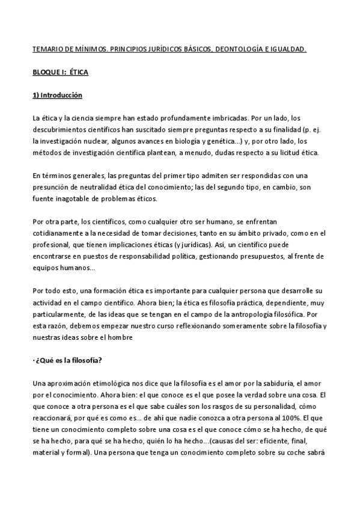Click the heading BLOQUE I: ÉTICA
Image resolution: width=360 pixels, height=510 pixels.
coord(60,73)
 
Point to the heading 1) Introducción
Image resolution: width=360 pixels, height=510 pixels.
coord(57,96)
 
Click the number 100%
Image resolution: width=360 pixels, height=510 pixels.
coord(280,416)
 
